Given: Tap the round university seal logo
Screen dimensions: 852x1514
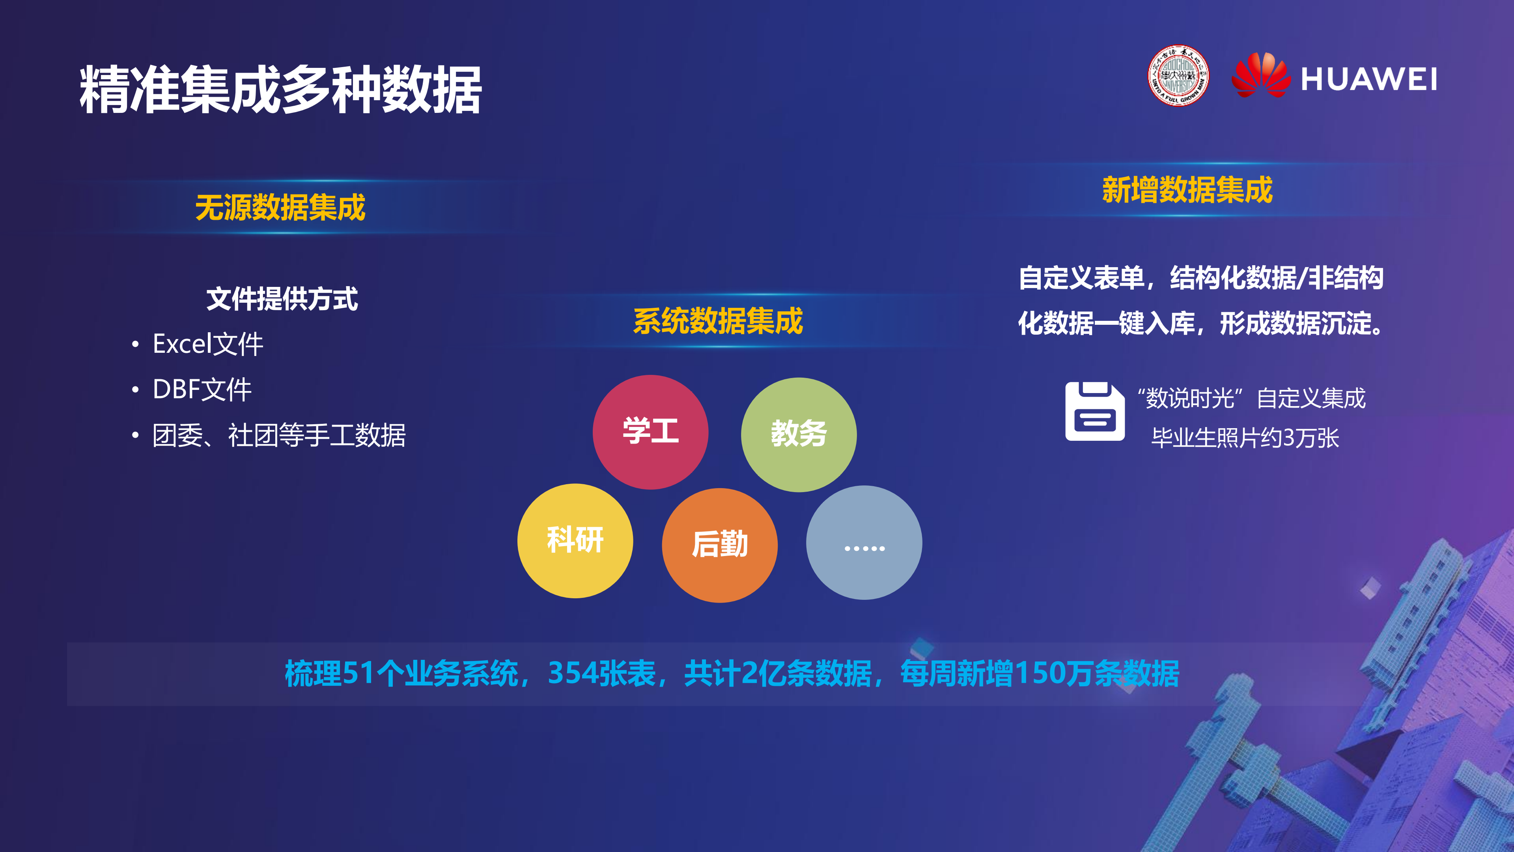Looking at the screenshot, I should coord(1178,76).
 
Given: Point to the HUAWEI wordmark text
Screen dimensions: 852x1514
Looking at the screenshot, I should coord(1369,79).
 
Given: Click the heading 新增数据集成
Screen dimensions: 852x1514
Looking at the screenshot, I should coord(1187,190).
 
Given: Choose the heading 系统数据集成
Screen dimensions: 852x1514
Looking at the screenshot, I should coord(718,321).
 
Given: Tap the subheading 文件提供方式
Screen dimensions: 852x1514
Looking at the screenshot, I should coord(282,299).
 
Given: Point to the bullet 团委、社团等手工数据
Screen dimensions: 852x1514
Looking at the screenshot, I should coord(278,436).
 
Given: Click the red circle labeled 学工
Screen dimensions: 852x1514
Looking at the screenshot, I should coord(650,432).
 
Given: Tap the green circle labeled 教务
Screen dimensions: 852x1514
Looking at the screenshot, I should coord(799,434).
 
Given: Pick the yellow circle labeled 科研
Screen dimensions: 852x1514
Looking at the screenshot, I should coord(575,540).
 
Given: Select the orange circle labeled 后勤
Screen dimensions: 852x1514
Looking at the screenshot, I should coord(719,545).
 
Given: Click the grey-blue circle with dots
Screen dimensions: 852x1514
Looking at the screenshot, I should coord(864,543).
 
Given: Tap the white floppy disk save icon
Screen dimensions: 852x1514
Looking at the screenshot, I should coord(1094,412).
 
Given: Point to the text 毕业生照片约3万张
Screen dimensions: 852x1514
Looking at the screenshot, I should coord(1245,438).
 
